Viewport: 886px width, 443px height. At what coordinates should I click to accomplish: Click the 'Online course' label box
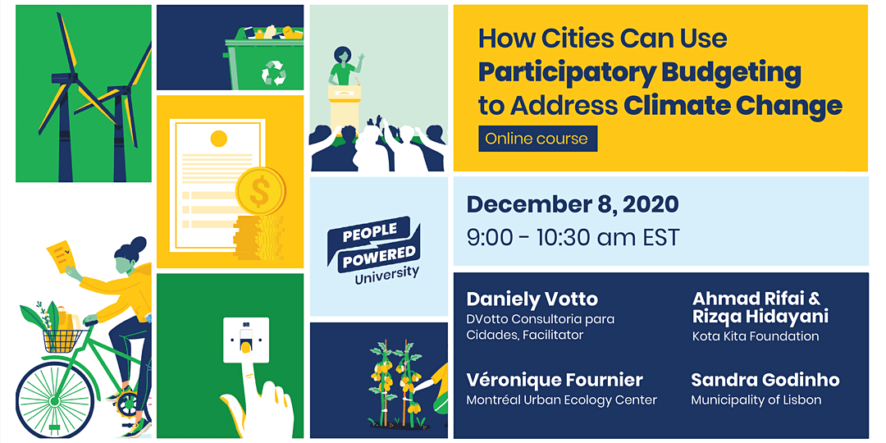pos(537,139)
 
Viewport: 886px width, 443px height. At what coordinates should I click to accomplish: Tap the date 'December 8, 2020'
pos(572,204)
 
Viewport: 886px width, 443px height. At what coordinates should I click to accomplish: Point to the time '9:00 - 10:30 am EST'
pos(573,238)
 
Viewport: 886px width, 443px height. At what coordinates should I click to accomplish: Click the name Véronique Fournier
pos(555,380)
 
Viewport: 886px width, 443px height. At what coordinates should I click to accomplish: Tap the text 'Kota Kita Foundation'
pos(756,336)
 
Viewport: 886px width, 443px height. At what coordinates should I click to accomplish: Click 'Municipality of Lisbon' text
pos(756,400)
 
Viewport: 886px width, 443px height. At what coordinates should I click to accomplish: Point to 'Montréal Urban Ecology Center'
pos(561,400)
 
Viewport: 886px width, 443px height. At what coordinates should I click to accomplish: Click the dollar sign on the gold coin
pos(259,194)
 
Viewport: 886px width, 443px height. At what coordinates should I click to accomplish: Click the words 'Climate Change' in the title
pos(733,106)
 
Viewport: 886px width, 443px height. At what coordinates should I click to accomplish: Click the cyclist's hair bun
pos(139,244)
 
